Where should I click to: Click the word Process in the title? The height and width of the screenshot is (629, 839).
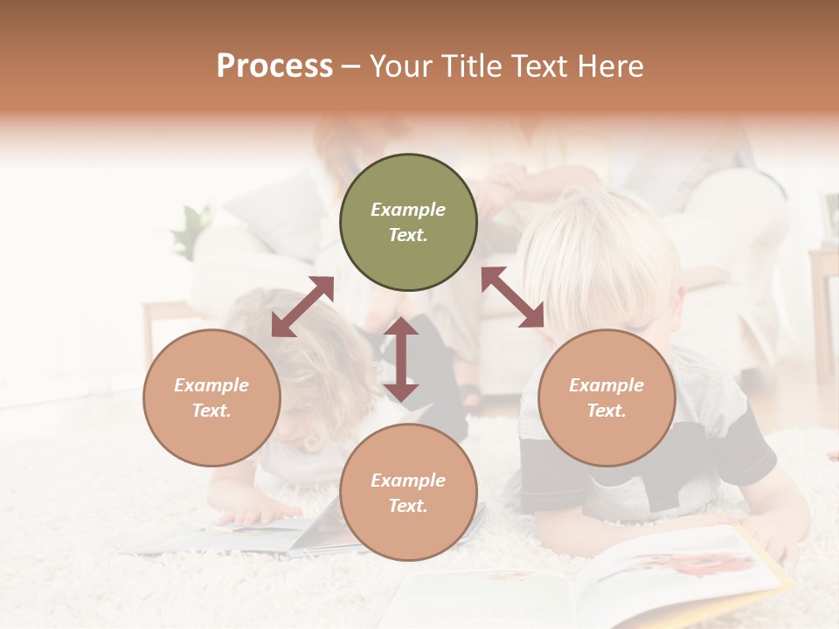(274, 66)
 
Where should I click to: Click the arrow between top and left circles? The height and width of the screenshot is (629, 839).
(302, 307)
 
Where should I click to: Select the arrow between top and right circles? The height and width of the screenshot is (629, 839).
(513, 297)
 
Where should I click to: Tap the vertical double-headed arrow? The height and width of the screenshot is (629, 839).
(401, 359)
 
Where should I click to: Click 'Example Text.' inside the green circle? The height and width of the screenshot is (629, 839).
(408, 222)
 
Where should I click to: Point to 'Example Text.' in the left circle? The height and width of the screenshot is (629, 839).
(211, 397)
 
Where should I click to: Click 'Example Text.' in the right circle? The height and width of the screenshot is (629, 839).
(607, 397)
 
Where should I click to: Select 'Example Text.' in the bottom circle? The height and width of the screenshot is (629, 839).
(408, 493)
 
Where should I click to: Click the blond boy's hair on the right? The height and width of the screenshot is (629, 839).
(594, 253)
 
